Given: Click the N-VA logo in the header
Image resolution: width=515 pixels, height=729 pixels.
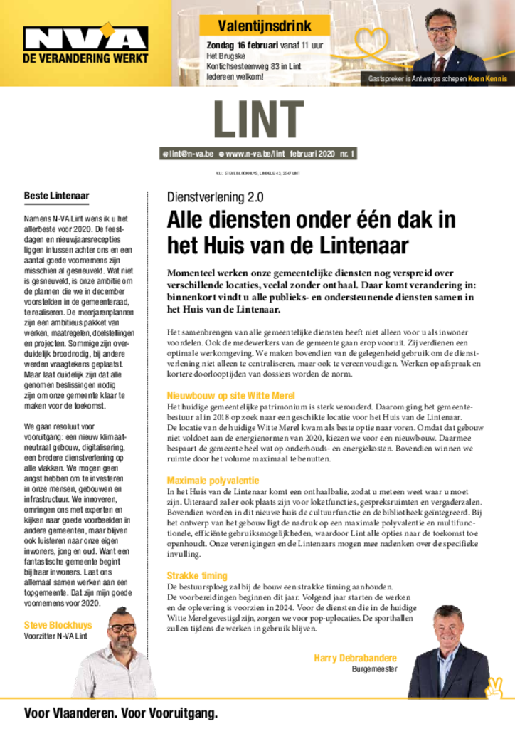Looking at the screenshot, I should (85, 37).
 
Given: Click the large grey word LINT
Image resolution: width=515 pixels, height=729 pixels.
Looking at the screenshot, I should (257, 120).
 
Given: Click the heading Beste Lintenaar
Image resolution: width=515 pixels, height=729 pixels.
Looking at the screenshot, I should (56, 196).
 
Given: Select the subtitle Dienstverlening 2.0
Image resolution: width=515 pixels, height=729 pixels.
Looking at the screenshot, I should (215, 197).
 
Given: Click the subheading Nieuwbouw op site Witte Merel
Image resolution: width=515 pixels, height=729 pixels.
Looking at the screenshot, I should (230, 395).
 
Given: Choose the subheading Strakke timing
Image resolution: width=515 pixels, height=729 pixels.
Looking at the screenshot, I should (197, 575).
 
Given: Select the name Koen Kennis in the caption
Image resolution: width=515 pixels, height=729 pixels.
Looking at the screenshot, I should (487, 79).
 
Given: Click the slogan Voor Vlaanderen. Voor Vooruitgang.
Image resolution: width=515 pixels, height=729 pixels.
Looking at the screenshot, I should (121, 713).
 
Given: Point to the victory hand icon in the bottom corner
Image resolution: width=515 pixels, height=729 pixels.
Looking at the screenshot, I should (494, 688).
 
